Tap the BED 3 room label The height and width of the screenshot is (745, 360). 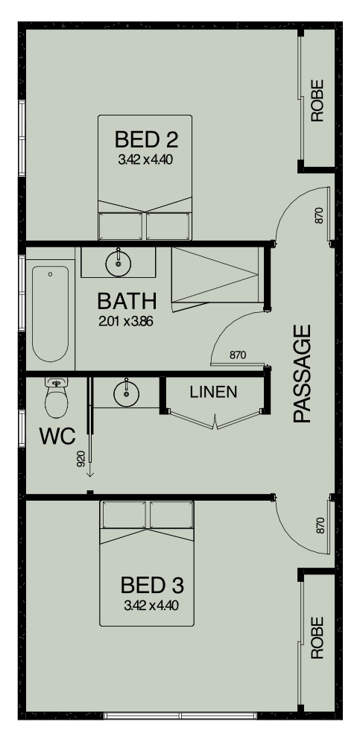tap(152, 586)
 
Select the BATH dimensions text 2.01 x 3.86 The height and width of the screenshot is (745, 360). tap(125, 322)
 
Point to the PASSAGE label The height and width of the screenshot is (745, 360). tap(302, 373)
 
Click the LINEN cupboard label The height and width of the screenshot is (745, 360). tap(213, 392)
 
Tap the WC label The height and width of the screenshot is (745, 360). tap(57, 436)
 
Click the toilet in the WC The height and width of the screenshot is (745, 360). tap(56, 397)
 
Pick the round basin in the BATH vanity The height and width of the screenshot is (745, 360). tap(119, 263)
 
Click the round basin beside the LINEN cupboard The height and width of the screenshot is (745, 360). tap(127, 393)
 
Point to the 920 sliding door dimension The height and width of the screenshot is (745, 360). tap(80, 458)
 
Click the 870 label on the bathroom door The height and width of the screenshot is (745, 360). tap(238, 355)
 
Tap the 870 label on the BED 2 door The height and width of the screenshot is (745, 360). tap(319, 215)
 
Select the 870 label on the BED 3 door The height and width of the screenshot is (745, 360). tap(320, 525)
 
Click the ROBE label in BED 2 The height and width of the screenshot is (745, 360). tap(317, 101)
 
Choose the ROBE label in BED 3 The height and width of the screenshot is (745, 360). tap(317, 638)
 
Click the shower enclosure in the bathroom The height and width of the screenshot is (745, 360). tap(215, 275)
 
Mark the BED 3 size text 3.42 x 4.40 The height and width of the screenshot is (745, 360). tap(152, 606)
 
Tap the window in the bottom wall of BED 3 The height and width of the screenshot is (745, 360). tap(180, 715)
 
